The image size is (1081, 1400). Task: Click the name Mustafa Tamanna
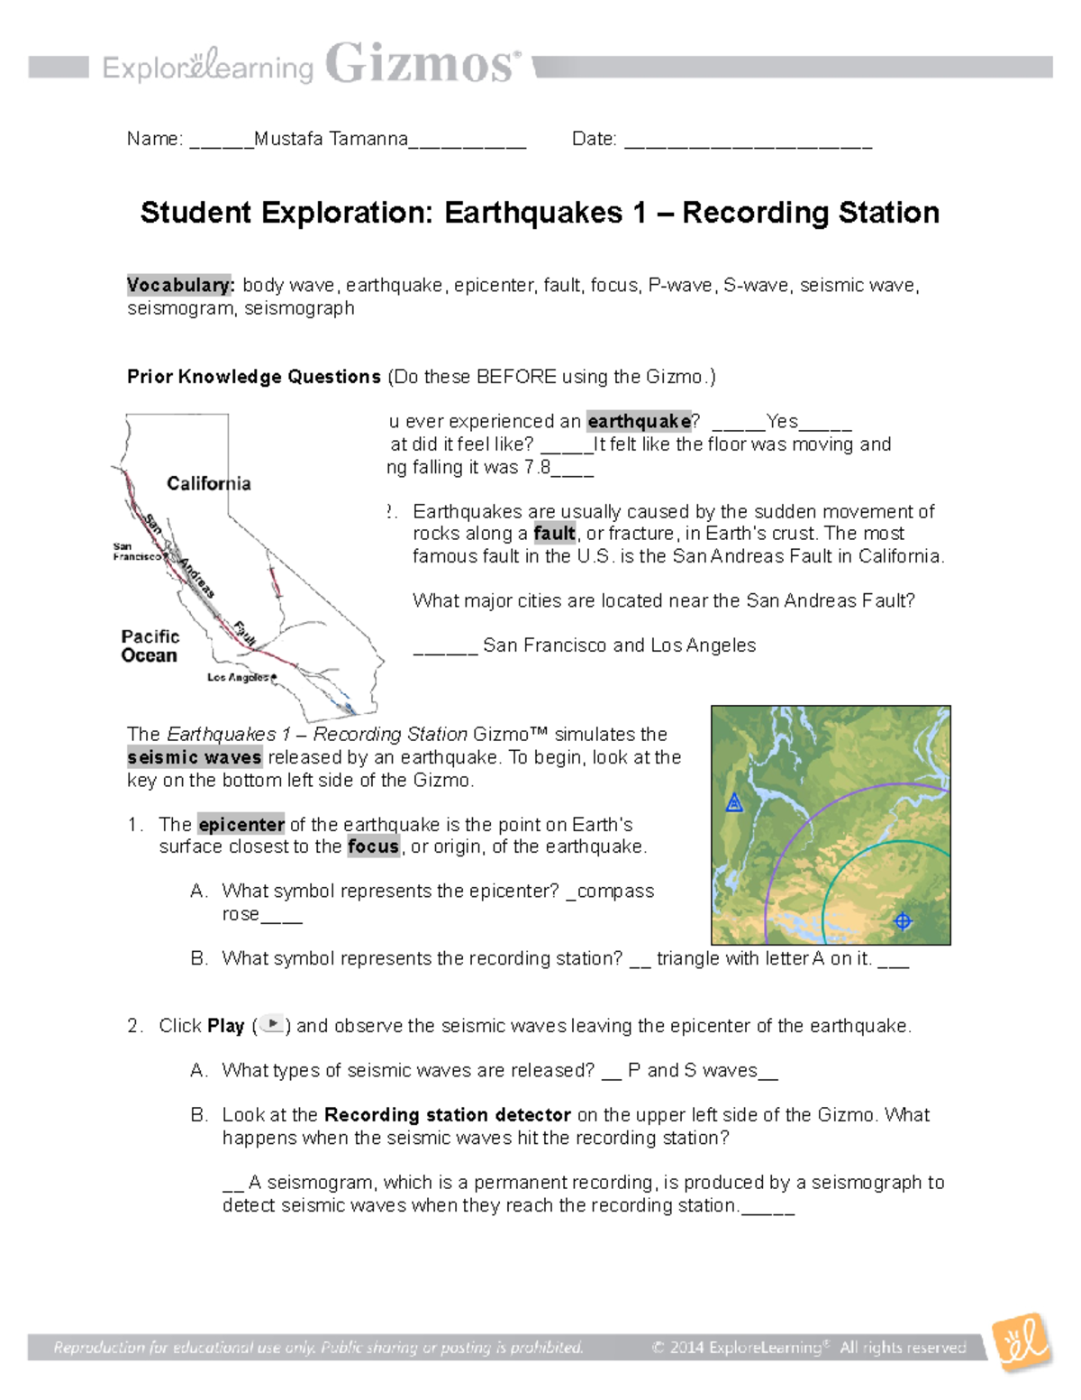[331, 139]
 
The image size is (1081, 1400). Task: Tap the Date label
[594, 139]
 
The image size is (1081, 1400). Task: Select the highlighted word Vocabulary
[180, 285]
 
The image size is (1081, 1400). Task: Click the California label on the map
[208, 483]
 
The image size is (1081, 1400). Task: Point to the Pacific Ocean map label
[150, 646]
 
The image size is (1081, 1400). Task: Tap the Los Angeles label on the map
[239, 677]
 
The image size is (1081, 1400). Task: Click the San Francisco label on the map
[135, 552]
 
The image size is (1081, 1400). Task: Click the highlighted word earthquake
[639, 421]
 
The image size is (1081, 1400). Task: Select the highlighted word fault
[554, 533]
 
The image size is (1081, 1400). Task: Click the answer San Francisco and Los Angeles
[619, 645]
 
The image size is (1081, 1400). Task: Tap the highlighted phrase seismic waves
[195, 757]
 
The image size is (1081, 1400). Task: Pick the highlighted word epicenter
[241, 824]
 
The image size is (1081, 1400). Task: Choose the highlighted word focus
[373, 846]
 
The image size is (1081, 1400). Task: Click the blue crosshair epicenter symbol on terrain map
[903, 920]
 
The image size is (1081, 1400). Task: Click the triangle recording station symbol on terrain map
[734, 802]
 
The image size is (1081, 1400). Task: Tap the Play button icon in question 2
[272, 1025]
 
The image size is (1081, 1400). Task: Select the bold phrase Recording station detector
[448, 1115]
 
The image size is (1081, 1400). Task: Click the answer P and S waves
[692, 1070]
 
